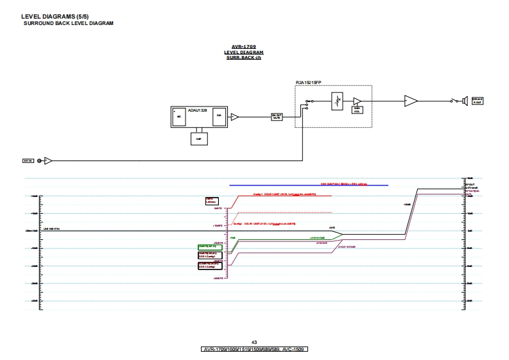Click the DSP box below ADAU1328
point(198,138)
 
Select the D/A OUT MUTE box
point(277,117)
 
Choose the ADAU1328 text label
point(189,110)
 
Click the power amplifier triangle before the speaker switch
point(410,101)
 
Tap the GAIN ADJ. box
point(357,109)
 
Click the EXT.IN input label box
point(28,160)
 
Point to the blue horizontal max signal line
point(308,185)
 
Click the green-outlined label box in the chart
point(210,246)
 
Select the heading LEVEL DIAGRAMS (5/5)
point(47,16)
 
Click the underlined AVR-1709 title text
point(246,47)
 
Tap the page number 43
point(254,343)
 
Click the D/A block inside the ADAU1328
point(219,116)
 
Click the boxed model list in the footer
point(254,349)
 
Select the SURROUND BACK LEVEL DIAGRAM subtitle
point(68,23)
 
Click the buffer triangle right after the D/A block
point(235,117)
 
